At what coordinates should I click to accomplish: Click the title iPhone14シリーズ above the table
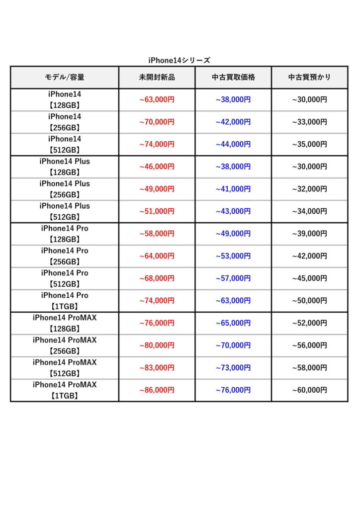pyautogui.click(x=180, y=60)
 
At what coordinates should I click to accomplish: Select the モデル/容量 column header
pyautogui.click(x=65, y=78)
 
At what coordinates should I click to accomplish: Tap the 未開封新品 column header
pyautogui.click(x=157, y=78)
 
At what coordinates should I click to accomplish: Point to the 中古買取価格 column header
pyautogui.click(x=233, y=78)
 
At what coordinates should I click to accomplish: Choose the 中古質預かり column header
pyautogui.click(x=309, y=78)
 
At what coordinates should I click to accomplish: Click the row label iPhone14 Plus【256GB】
pyautogui.click(x=65, y=189)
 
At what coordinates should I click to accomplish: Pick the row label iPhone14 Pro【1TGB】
pyautogui.click(x=65, y=301)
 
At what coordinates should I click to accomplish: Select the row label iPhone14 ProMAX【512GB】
pyautogui.click(x=65, y=368)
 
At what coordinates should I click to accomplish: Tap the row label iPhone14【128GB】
pyautogui.click(x=65, y=99)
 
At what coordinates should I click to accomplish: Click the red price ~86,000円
pyautogui.click(x=157, y=390)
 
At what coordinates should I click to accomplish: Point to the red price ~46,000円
pyautogui.click(x=157, y=167)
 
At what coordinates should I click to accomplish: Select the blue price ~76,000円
pyautogui.click(x=233, y=390)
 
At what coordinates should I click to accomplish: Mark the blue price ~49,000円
pyautogui.click(x=233, y=234)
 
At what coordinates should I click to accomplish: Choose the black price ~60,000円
pyautogui.click(x=309, y=390)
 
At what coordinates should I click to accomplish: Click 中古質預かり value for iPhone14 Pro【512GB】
pyautogui.click(x=309, y=278)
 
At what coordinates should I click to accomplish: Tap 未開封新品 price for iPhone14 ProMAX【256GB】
pyautogui.click(x=157, y=345)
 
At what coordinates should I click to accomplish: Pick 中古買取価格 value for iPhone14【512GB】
pyautogui.click(x=233, y=144)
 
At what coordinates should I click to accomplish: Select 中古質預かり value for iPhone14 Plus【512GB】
pyautogui.click(x=309, y=211)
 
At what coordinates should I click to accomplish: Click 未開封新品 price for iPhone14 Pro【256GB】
pyautogui.click(x=157, y=256)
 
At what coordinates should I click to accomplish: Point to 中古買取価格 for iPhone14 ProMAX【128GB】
pyautogui.click(x=233, y=323)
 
